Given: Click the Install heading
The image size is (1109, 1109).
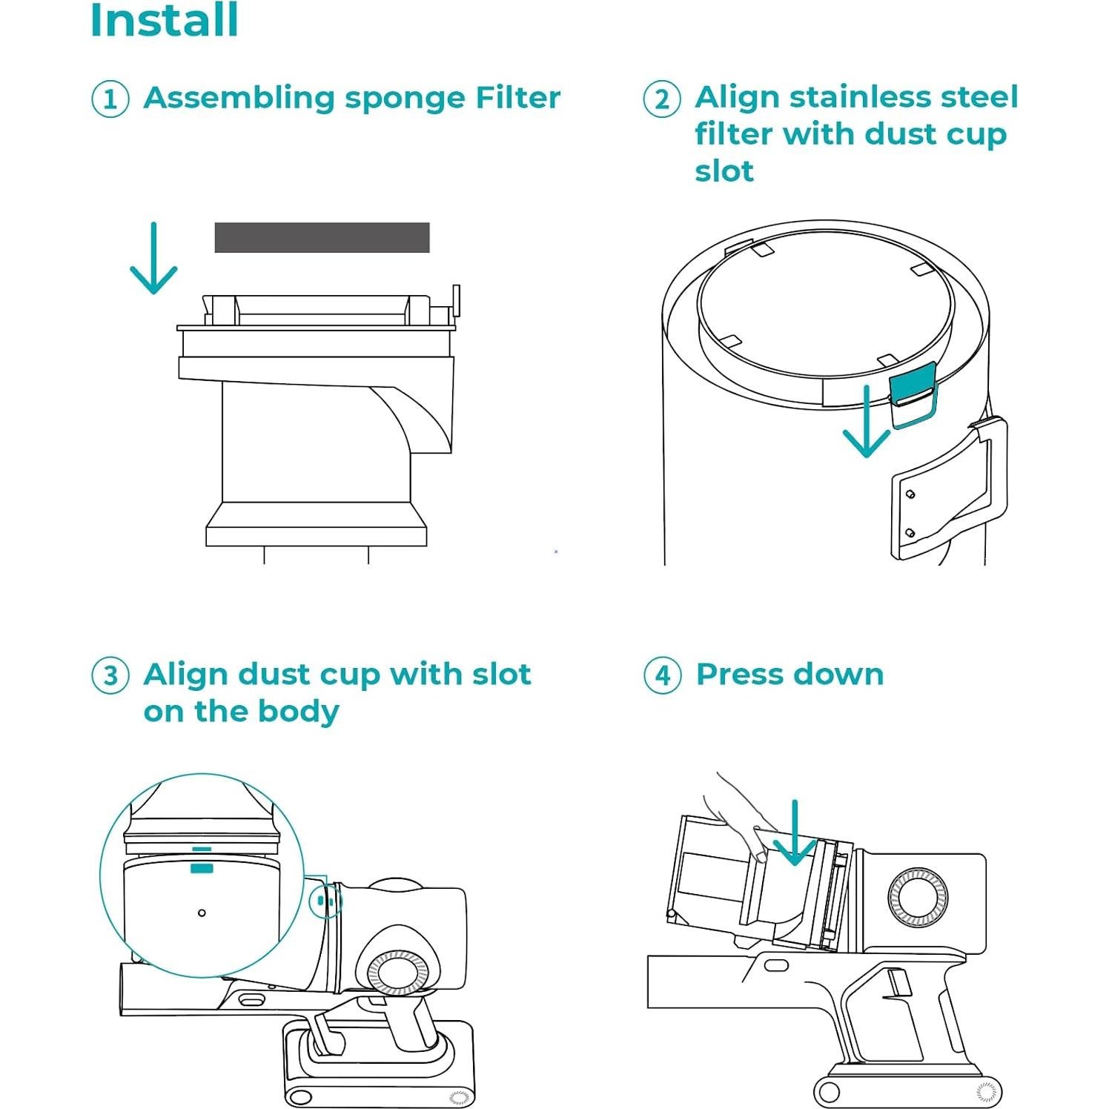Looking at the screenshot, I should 164,21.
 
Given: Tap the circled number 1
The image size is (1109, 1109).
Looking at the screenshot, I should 110,99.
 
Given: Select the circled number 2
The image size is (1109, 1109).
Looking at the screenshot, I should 661,99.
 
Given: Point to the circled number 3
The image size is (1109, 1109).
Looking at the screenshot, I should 110,675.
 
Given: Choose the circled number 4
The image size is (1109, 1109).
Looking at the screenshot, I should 662,675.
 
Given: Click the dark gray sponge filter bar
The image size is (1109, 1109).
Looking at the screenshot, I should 322,237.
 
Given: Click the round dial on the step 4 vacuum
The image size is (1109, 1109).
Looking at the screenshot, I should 918,897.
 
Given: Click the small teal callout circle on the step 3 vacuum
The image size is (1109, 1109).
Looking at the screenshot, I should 324,901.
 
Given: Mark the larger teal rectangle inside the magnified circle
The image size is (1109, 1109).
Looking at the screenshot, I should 202,868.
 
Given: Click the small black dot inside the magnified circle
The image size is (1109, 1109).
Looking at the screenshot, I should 202,913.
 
